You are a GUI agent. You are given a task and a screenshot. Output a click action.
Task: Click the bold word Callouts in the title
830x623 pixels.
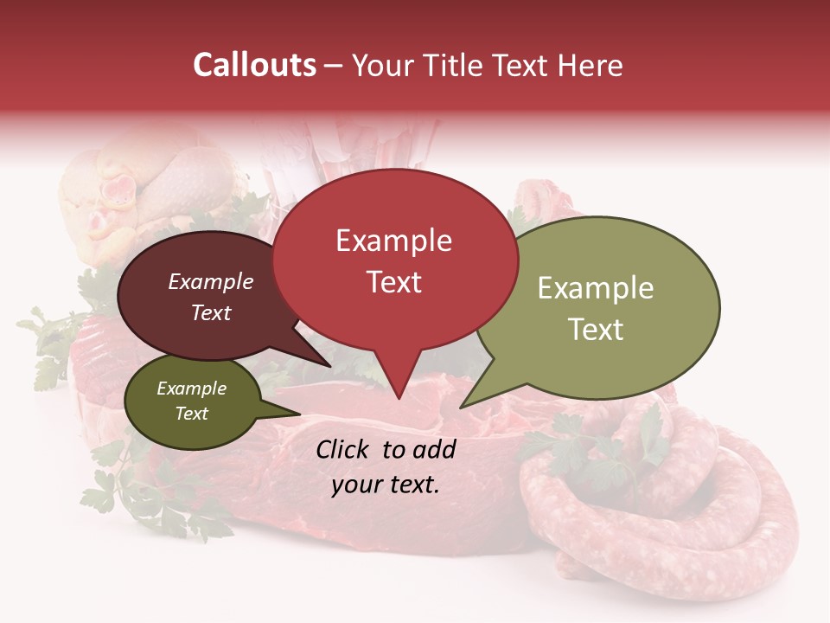pos(254,65)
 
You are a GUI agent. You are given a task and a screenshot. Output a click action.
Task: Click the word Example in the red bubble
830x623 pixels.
pos(393,241)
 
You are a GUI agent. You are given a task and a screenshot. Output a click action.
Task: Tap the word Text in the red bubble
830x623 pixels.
pos(393,282)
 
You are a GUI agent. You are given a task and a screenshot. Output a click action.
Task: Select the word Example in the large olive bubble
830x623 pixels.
pos(595,288)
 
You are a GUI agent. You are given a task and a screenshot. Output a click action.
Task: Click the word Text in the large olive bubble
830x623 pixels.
pos(595,330)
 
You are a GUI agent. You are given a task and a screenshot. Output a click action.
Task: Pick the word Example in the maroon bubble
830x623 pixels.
pos(210,282)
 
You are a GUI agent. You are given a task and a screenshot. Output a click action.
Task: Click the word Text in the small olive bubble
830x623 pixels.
pos(191,414)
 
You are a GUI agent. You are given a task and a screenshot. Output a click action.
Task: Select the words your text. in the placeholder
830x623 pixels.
pos(385,485)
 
